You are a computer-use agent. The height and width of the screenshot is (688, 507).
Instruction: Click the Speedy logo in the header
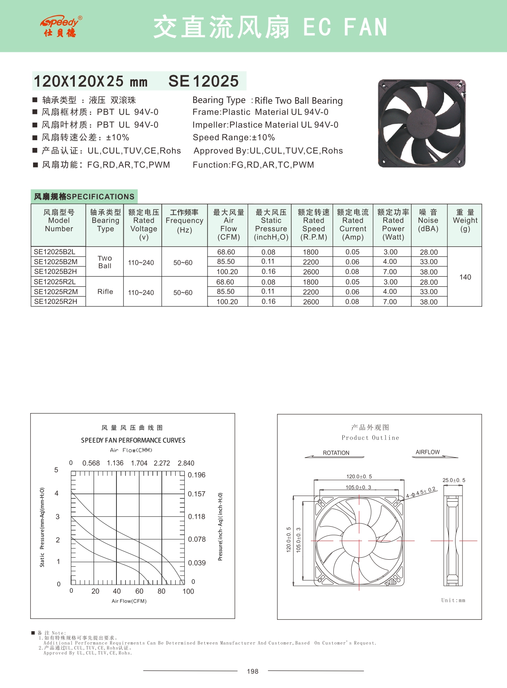61,27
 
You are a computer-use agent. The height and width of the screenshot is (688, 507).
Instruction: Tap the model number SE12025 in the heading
203,81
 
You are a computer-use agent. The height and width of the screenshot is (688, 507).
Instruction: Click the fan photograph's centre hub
422,123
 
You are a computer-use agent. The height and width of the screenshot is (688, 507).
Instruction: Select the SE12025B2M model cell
56,262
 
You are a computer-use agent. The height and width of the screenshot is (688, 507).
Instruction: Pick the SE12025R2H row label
56,302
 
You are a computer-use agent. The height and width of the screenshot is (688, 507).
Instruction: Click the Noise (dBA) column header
428,221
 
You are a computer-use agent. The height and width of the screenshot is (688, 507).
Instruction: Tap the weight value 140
465,277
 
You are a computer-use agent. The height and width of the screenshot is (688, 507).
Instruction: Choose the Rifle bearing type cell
105,292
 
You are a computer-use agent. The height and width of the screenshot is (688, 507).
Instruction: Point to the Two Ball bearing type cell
105,262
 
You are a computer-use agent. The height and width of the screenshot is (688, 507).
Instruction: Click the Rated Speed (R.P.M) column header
313,225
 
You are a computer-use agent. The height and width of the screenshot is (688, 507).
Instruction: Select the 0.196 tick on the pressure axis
197,475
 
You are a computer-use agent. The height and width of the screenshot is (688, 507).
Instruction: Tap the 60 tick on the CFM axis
139,591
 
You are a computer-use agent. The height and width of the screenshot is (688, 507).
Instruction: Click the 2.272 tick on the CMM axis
162,463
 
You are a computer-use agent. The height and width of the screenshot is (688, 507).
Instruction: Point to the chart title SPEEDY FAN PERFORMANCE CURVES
133,440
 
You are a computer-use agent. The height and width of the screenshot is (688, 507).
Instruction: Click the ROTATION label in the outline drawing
336,453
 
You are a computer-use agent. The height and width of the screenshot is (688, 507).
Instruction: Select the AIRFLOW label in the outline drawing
428,452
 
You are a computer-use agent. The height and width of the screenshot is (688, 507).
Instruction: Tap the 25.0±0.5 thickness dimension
453,480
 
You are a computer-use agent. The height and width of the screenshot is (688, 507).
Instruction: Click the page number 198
253,671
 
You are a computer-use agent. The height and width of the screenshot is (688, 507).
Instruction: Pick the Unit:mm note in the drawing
453,600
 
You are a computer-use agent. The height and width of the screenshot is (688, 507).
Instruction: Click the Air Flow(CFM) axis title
129,601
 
